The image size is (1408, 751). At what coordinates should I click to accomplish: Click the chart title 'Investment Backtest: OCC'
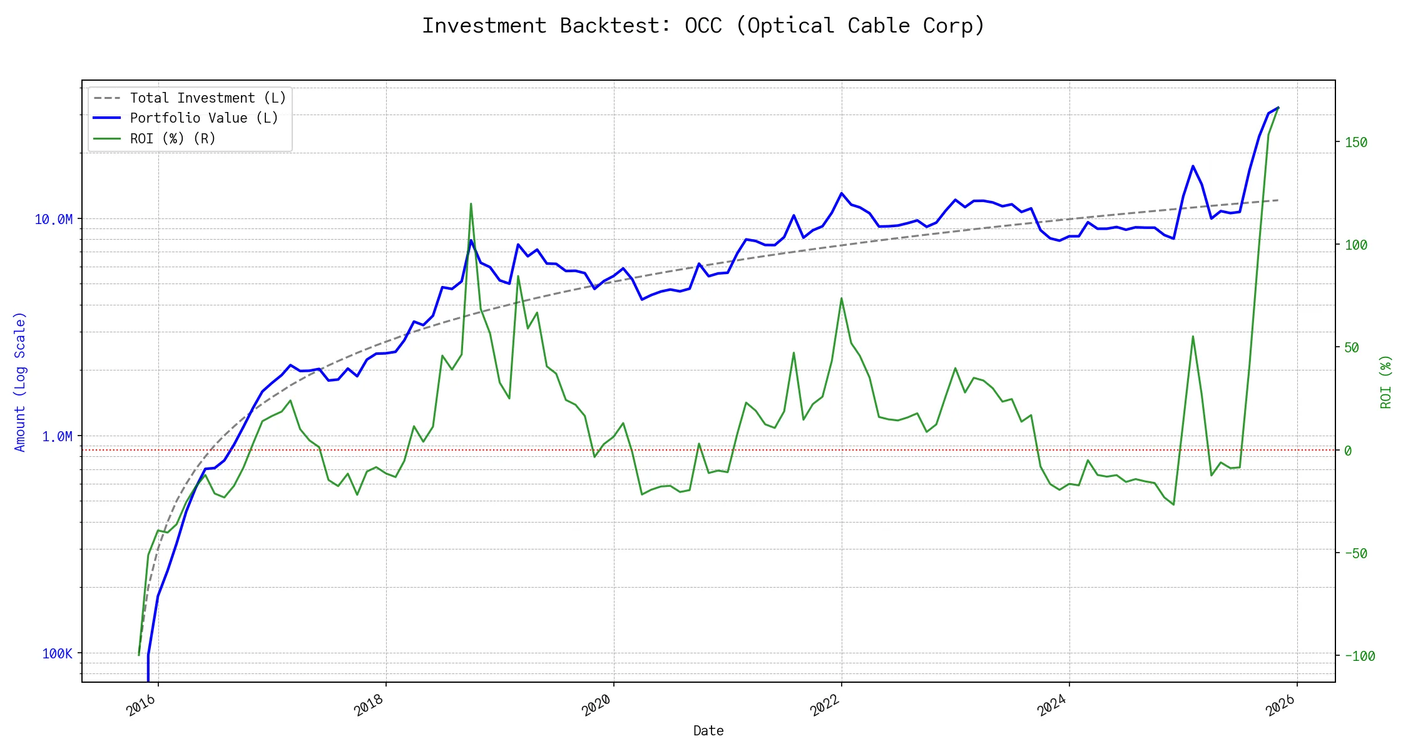703,26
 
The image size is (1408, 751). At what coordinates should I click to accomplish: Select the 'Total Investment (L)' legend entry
207,98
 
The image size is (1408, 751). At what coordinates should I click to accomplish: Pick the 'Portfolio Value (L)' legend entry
203,118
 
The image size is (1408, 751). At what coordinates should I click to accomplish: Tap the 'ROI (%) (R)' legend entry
172,139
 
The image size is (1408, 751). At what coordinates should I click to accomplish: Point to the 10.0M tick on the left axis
54,219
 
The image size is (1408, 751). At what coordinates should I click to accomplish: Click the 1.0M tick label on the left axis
57,436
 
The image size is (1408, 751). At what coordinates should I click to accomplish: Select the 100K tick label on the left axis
57,654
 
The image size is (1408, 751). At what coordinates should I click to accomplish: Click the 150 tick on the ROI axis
1356,143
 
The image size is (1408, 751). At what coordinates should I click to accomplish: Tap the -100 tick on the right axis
1360,656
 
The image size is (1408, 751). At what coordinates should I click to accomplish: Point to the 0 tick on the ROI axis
1348,451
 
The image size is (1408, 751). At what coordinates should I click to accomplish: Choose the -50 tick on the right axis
1356,554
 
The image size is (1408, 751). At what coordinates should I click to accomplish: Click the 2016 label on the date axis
141,706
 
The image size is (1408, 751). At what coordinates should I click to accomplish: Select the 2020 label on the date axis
596,706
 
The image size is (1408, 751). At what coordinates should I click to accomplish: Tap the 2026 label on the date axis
1280,706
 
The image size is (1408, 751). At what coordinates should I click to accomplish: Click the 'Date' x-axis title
708,731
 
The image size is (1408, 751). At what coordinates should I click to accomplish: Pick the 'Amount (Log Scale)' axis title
20,382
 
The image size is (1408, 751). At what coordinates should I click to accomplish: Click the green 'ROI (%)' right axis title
1386,382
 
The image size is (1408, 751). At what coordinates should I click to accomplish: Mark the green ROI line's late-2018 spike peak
471,204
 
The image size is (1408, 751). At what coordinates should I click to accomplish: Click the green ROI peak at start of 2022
841,299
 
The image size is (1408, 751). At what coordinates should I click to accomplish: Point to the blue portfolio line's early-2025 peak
1193,166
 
